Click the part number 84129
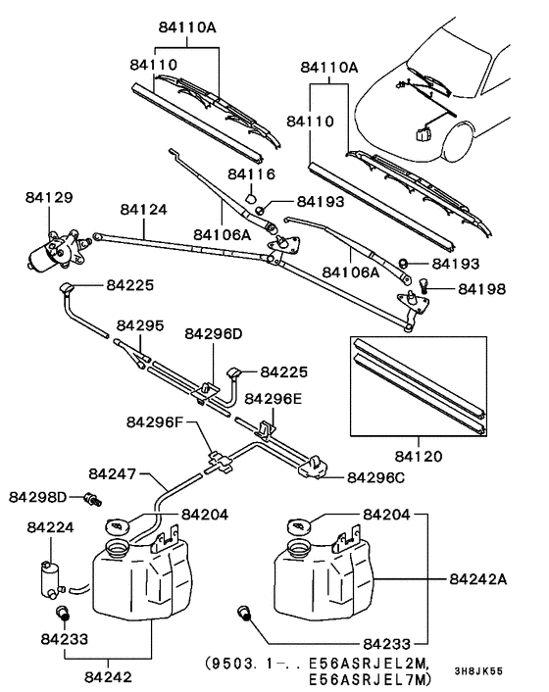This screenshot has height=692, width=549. point(48,198)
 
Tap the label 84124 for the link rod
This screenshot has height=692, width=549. point(144,210)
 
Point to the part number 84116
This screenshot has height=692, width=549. point(250,173)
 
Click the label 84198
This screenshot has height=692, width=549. point(479,289)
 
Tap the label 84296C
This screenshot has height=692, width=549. point(377,477)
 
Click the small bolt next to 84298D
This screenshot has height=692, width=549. point(94,499)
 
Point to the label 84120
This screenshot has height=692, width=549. point(420,458)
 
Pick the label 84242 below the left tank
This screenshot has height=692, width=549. point(107,675)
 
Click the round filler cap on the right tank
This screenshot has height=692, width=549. point(300,527)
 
